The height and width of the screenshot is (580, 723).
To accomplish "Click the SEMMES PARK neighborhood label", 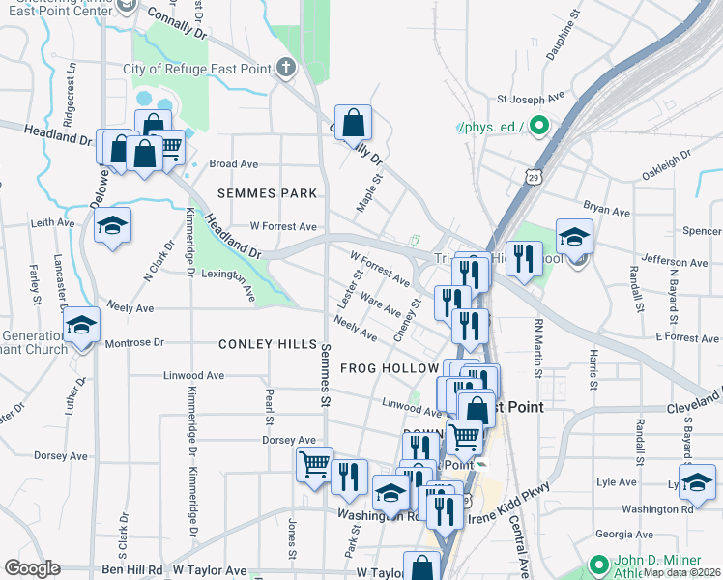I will tap(268, 193).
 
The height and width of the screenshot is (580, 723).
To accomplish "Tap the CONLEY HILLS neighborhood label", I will tap(268, 344).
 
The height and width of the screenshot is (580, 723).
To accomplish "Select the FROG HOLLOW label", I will tap(390, 369).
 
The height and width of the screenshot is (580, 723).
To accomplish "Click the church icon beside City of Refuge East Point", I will tap(285, 69).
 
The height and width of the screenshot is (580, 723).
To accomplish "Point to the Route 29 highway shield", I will tap(535, 177).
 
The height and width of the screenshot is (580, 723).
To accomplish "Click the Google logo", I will tap(33, 568).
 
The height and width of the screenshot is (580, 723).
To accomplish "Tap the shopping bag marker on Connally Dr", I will tap(354, 124).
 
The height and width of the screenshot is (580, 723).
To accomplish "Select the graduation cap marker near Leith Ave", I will tap(113, 226).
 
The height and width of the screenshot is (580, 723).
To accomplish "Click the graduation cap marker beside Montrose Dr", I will tap(81, 326).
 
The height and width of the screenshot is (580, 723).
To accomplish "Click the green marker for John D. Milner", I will tap(598, 564).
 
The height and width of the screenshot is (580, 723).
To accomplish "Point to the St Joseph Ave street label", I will tap(531, 99).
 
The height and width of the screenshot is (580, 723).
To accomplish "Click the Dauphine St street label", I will tap(563, 37).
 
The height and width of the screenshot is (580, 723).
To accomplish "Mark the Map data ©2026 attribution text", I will tap(682, 572).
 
